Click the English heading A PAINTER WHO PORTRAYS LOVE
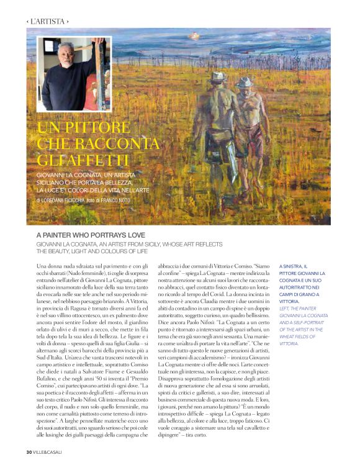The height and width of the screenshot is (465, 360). [x=90, y=235]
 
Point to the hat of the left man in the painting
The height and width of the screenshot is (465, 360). [x=218, y=76]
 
